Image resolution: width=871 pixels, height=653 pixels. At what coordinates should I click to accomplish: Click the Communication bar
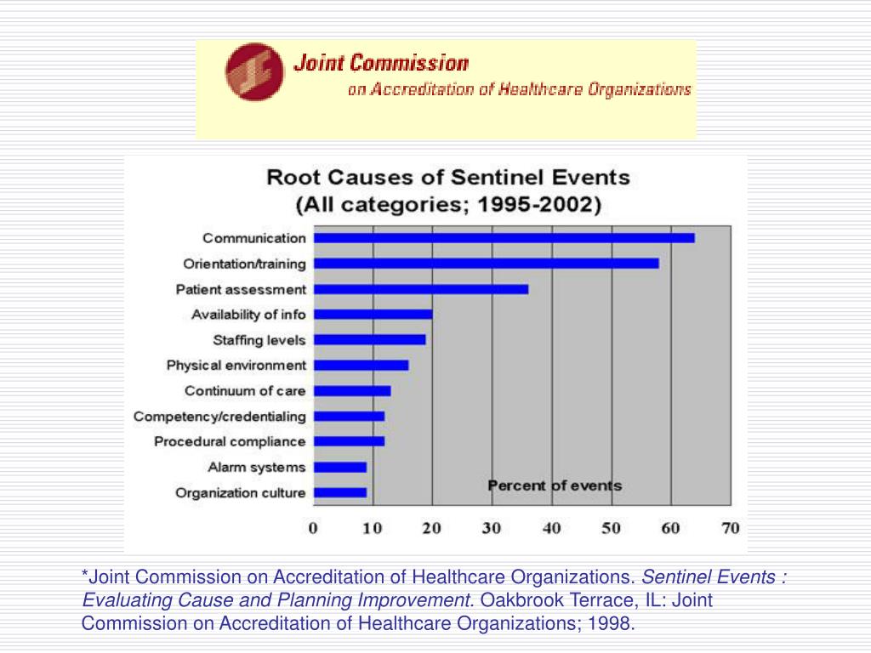click(504, 238)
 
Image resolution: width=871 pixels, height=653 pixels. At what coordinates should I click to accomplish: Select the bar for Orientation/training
click(486, 264)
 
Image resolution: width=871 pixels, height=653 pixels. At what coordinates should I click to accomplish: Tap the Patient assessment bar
click(420, 289)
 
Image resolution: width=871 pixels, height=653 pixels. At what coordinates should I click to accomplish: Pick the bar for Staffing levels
click(369, 340)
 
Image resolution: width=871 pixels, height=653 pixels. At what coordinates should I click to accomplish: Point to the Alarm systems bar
click(339, 467)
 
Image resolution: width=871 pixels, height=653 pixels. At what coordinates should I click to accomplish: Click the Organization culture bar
click(339, 492)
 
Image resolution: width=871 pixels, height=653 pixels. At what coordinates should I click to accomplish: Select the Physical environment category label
click(236, 366)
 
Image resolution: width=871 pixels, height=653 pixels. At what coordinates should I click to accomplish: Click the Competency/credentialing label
click(219, 417)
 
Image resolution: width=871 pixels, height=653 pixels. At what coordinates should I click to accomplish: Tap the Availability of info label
click(248, 315)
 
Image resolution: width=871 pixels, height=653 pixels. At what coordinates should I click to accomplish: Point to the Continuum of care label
click(245, 391)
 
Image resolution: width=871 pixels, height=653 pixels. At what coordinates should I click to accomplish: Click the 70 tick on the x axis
click(730, 528)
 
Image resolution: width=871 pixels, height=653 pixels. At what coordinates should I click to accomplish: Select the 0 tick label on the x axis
click(313, 528)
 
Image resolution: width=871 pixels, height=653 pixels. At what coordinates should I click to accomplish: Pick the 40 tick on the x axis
click(551, 528)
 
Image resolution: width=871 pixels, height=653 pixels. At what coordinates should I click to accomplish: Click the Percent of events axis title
click(555, 486)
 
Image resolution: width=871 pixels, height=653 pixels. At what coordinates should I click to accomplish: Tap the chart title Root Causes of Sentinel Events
click(448, 179)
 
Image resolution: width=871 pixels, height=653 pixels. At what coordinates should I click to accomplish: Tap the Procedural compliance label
click(230, 442)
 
